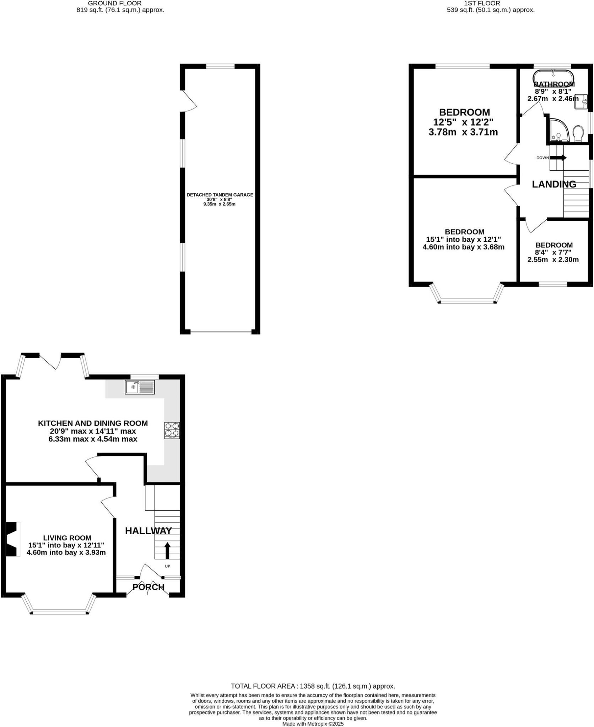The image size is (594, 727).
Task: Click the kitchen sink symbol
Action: (140, 387)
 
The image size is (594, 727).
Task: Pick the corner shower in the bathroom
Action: (558, 130)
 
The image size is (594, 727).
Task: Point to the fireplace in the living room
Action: (12, 539)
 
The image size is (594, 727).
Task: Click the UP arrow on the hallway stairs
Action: (167, 551)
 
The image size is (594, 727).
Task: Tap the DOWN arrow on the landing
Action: (558, 158)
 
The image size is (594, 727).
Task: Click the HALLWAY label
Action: (148, 531)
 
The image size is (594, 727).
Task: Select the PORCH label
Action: (148, 587)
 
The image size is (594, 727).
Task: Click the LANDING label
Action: (554, 184)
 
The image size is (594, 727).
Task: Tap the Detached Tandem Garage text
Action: (220, 195)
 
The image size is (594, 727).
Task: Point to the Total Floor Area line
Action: (313, 686)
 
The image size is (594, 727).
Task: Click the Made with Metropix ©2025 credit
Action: (313, 724)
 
